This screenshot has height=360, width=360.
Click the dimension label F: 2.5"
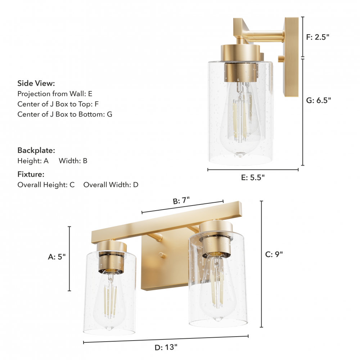(318, 37)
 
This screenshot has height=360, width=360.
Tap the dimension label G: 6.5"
(319, 100)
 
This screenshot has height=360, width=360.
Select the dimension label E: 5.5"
(253, 177)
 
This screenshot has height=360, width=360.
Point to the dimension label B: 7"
(181, 201)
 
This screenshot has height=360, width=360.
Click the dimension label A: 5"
(57, 257)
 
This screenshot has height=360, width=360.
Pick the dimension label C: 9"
(274, 255)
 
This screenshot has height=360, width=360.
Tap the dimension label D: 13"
(166, 347)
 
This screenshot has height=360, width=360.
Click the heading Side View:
(36, 84)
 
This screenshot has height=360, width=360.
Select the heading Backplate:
(36, 150)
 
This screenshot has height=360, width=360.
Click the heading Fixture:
(31, 174)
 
